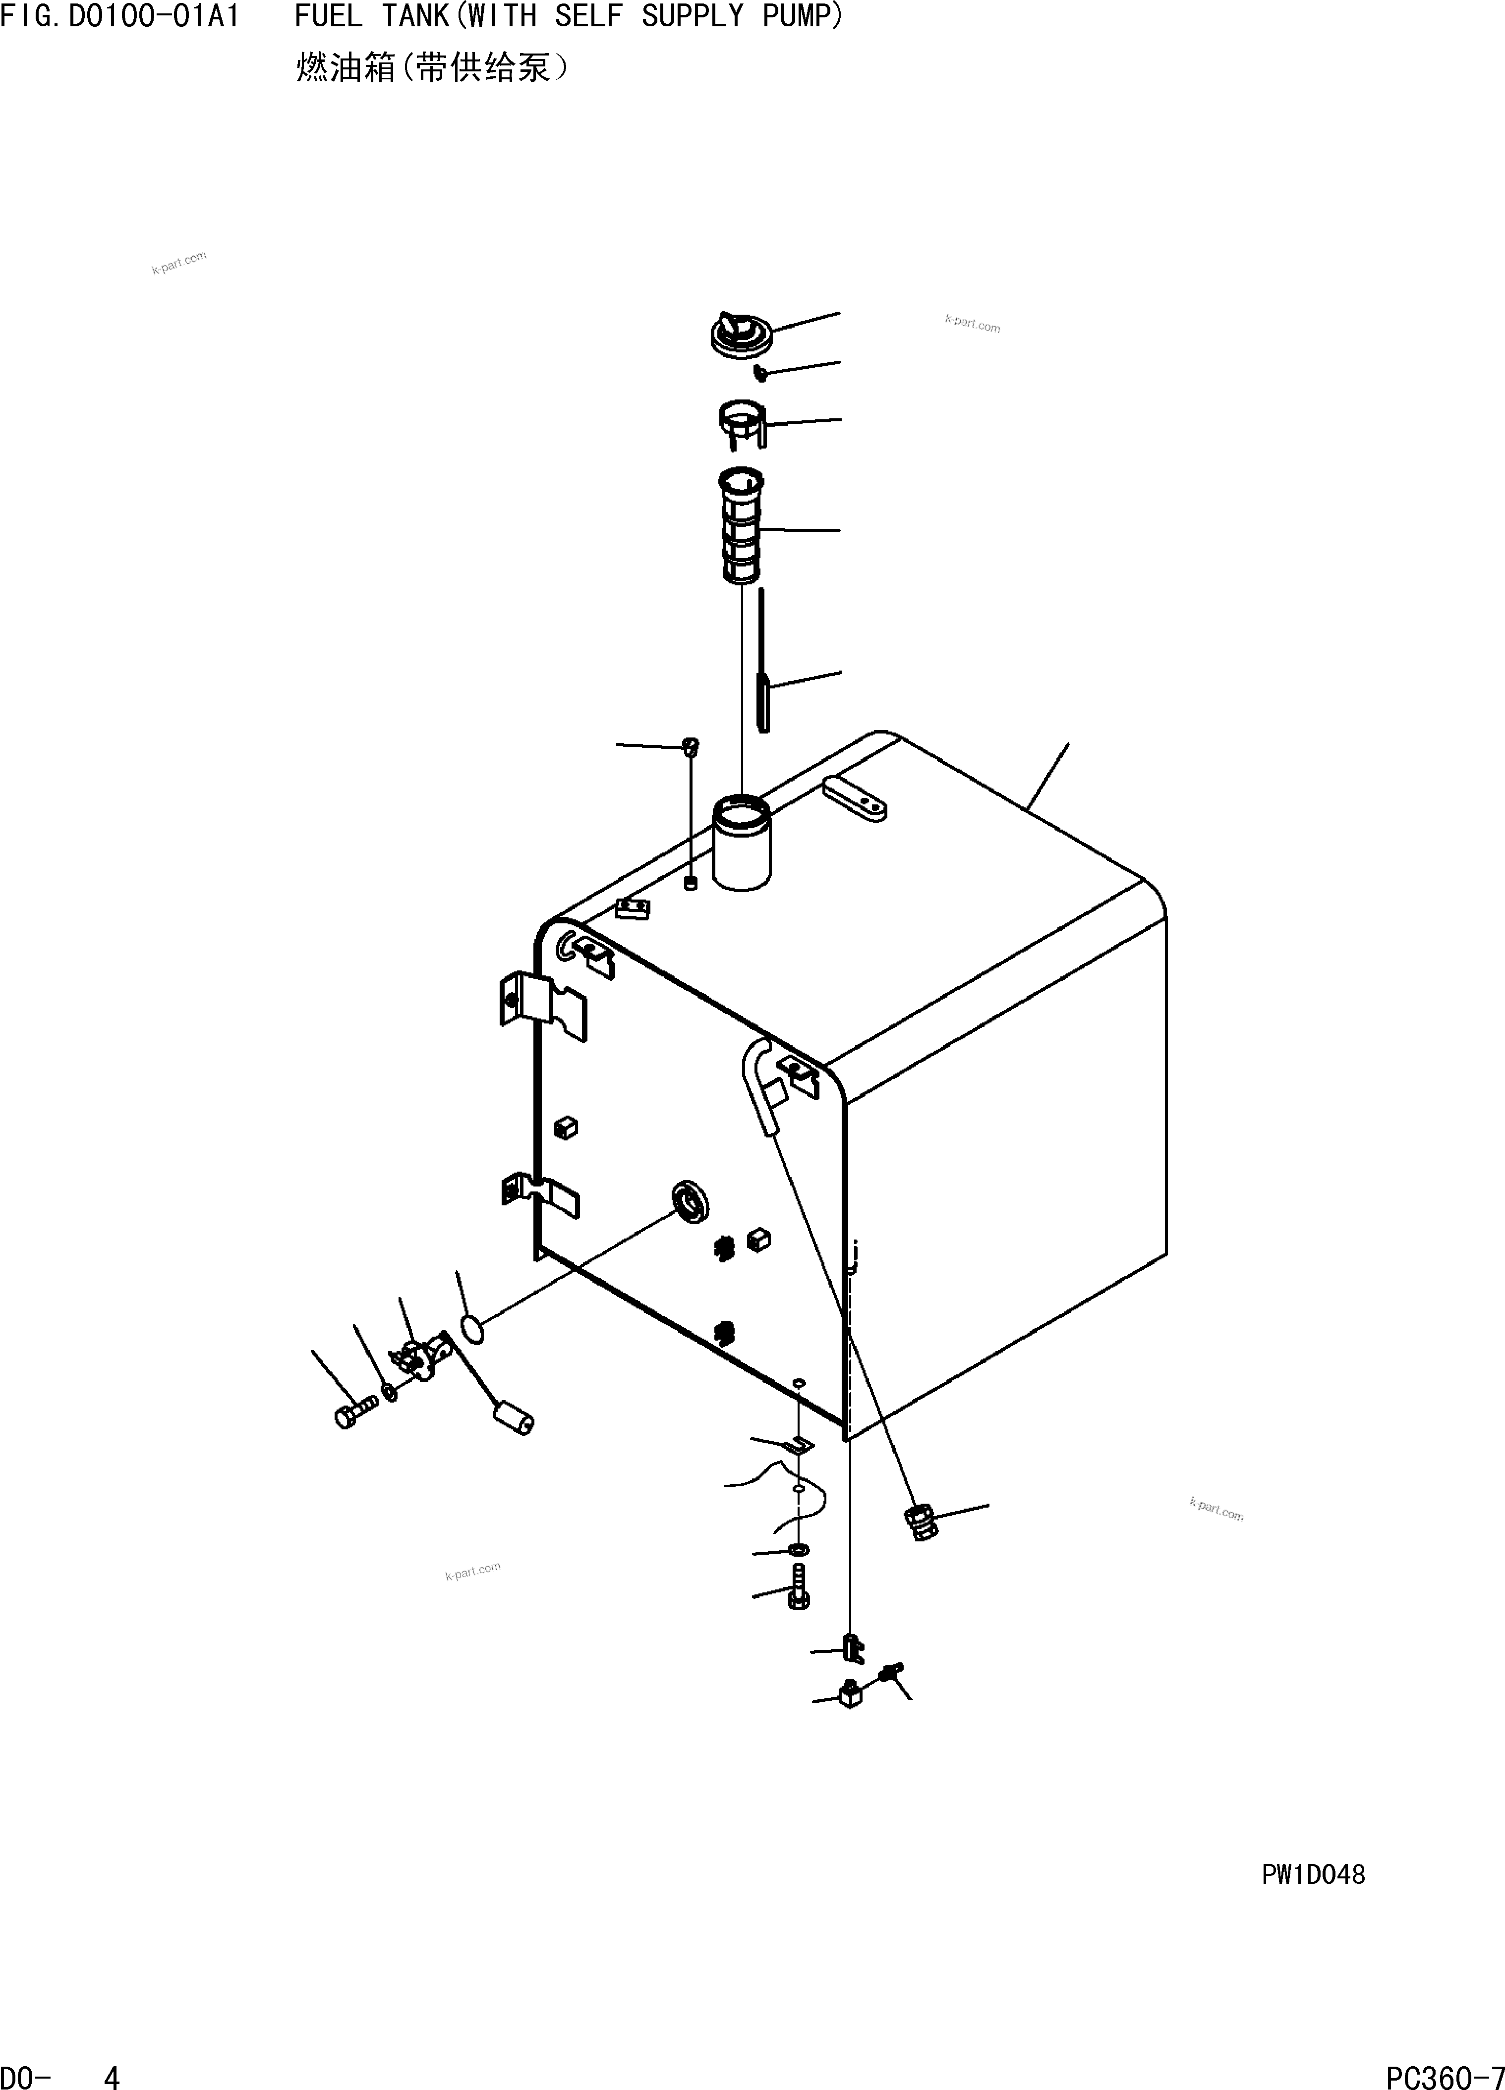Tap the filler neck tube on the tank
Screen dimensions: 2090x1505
pos(742,843)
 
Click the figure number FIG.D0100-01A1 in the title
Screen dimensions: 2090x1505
pos(120,16)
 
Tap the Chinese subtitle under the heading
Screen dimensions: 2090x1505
pos(431,67)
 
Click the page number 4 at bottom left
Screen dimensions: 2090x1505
pos(112,2075)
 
